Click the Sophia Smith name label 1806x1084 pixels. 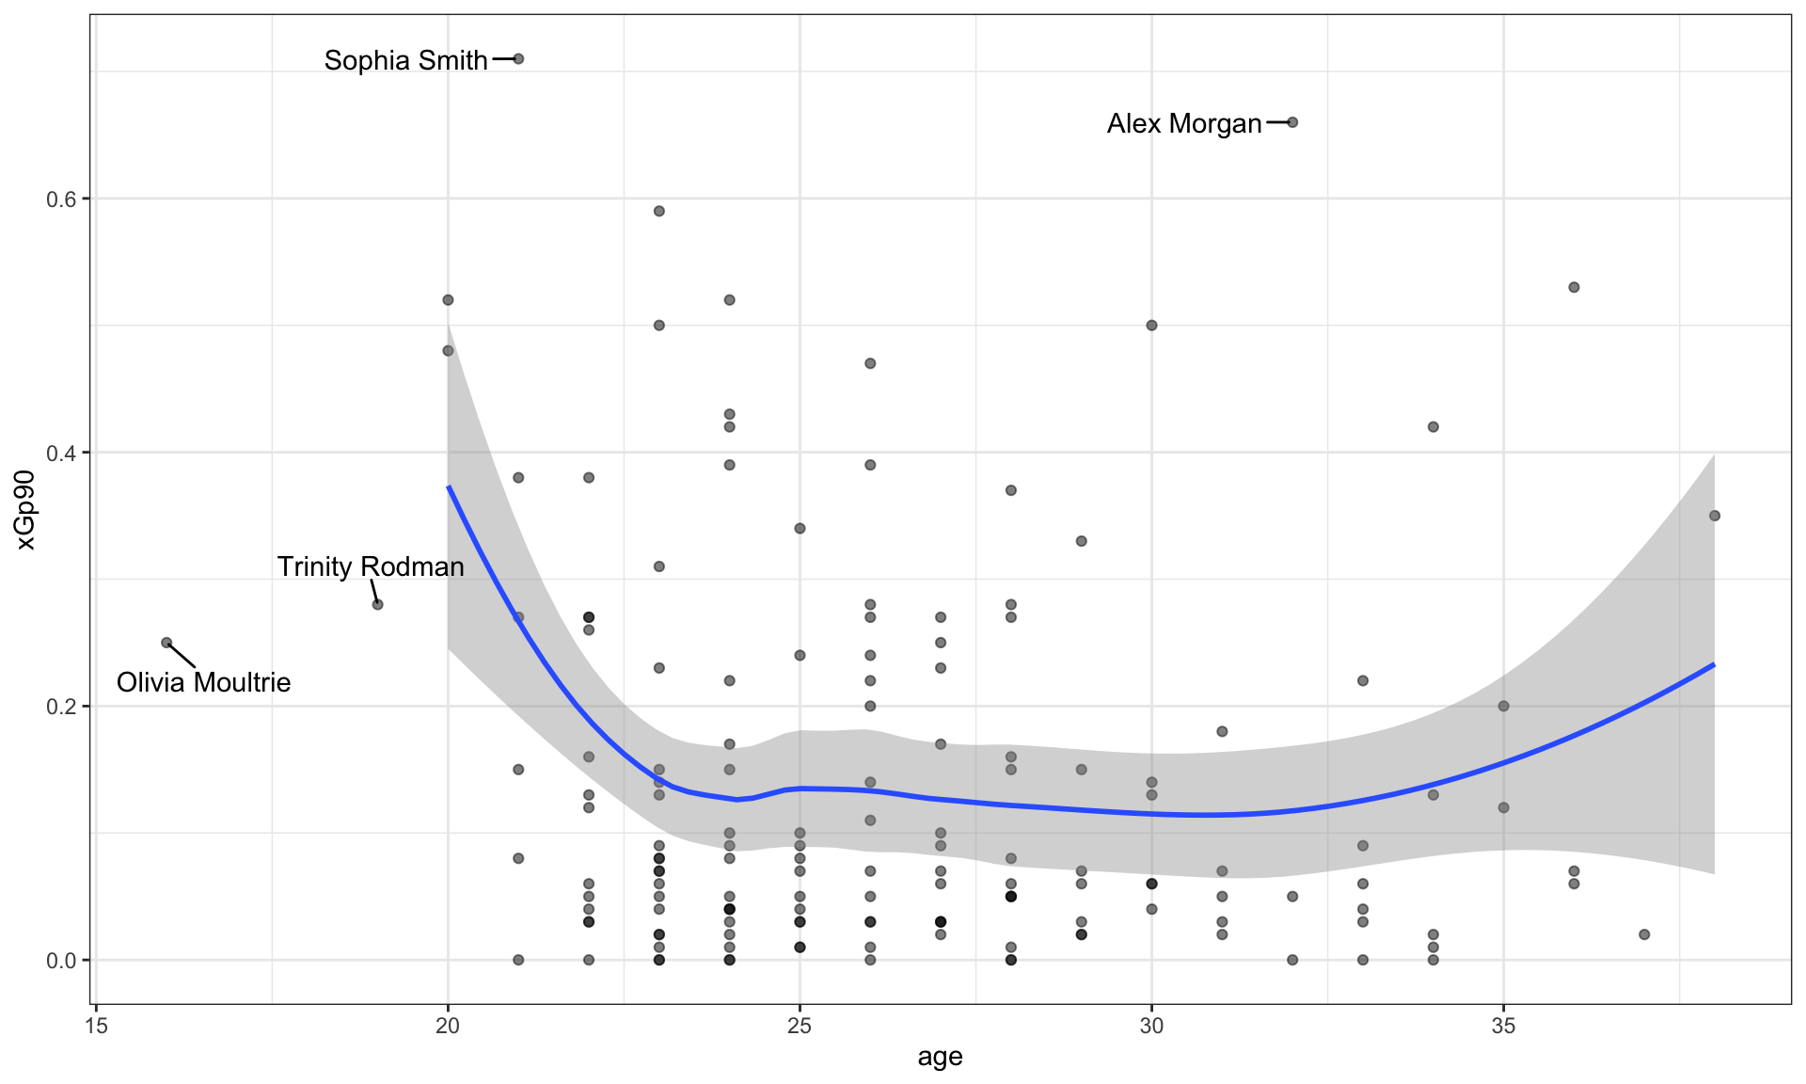405,60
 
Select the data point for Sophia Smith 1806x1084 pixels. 518,59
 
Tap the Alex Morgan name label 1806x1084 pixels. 1183,123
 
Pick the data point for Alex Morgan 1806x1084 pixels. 1292,122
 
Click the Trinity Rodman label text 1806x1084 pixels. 371,566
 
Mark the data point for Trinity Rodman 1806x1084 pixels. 378,604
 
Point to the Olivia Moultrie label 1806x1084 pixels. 203,682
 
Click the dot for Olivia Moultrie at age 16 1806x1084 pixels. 166,643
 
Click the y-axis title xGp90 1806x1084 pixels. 25,510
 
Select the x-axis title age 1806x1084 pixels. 940,1057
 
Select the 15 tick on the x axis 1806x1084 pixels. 96,1025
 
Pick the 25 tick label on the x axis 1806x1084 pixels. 800,1025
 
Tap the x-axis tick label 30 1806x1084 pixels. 1151,1025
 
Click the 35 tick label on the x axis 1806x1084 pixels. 1503,1025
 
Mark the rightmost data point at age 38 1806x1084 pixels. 1715,516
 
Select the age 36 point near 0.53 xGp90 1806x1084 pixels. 1574,287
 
